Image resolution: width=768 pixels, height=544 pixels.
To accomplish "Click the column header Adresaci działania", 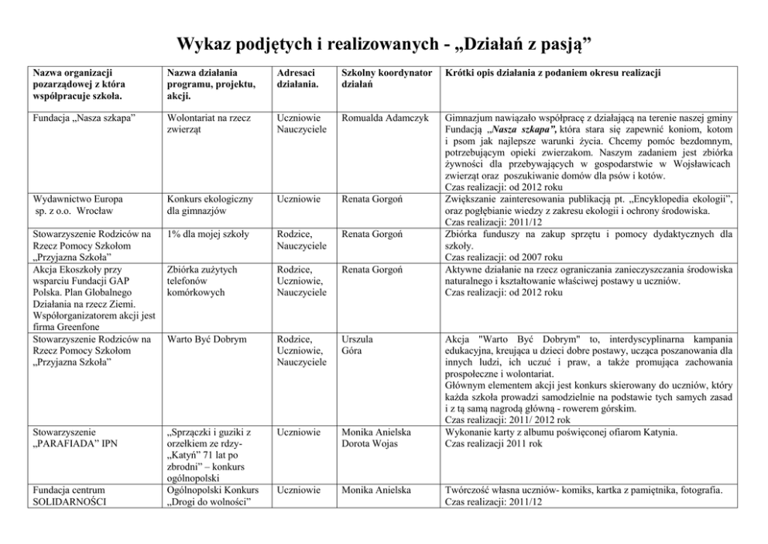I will pos(295,77).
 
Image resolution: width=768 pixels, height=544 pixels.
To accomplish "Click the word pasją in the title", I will pos(569,43).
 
